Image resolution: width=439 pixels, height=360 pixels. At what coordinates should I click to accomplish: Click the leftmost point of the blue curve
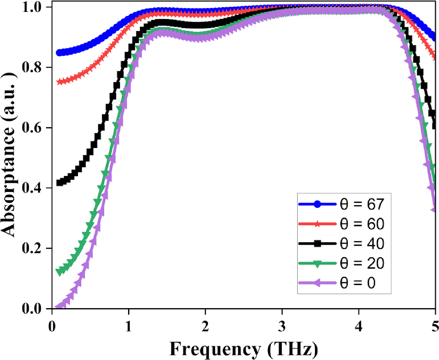[x=60, y=53]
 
